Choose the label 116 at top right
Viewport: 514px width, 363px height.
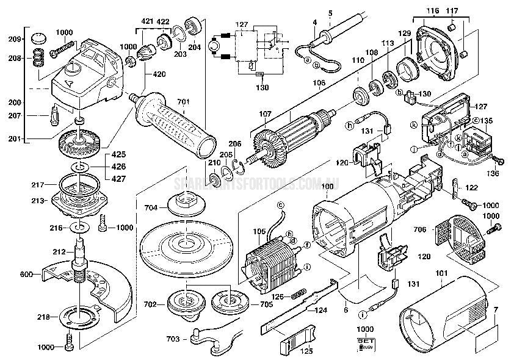tap(433, 10)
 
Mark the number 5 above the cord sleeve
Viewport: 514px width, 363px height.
tap(330, 13)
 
